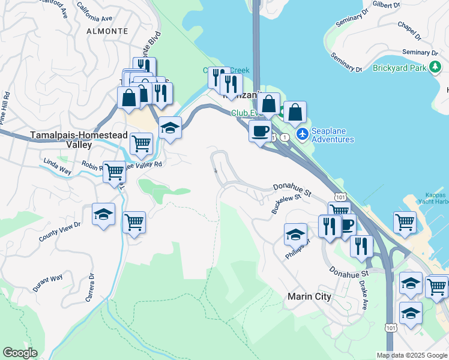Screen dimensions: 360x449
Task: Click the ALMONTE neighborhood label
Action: point(107,30)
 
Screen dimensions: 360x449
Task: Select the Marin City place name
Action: point(310,296)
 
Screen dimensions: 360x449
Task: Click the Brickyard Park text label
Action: point(398,68)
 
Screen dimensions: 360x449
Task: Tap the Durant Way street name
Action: point(48,282)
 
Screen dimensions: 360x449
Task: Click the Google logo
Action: point(20,353)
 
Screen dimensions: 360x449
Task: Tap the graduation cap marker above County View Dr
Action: point(103,214)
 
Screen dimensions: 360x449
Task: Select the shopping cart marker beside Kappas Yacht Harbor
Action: point(405,221)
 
